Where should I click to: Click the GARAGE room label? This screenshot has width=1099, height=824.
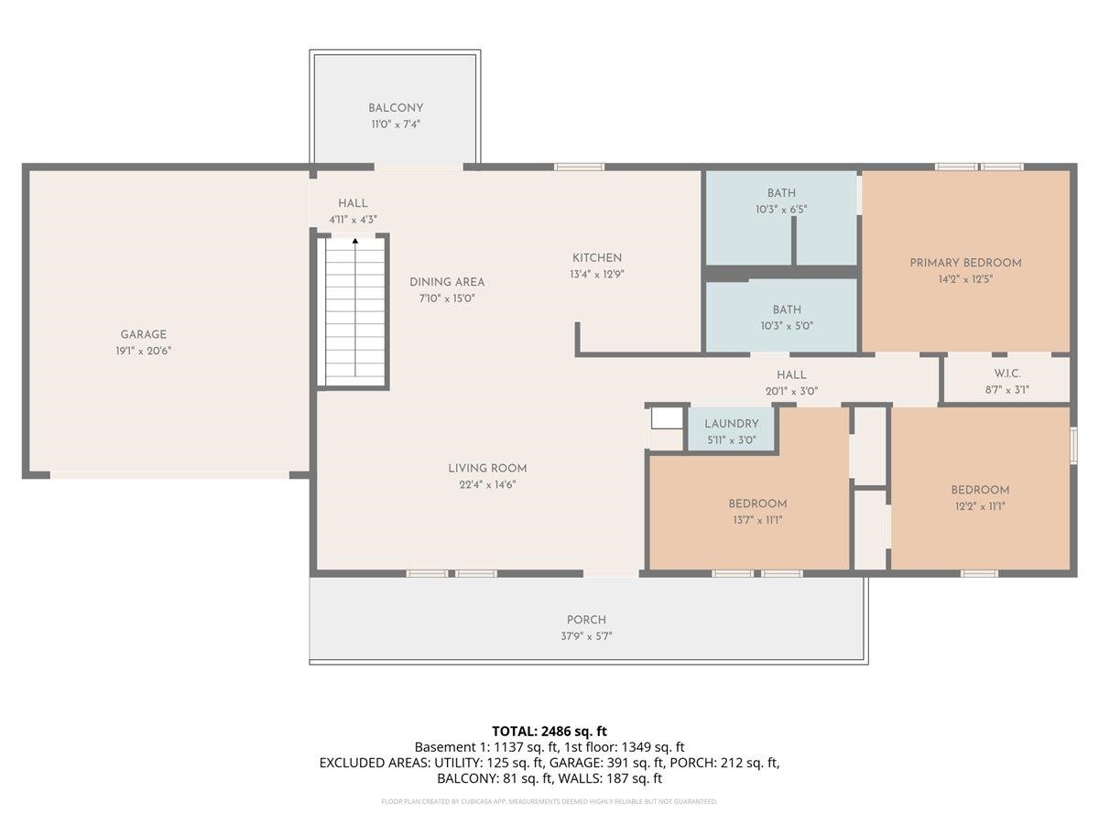[143, 334]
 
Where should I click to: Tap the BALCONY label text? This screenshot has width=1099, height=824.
[396, 107]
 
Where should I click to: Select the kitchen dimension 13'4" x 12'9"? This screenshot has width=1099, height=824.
[597, 274]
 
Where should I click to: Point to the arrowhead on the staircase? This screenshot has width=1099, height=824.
[355, 241]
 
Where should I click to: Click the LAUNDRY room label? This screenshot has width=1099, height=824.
[732, 424]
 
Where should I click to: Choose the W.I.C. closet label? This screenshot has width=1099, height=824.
[1007, 374]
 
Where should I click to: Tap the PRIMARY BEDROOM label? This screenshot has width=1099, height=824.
[965, 263]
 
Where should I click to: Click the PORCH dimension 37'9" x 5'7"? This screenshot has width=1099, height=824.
[586, 636]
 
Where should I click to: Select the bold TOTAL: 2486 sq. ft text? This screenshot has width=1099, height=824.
[549, 731]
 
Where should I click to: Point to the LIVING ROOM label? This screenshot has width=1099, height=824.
[487, 468]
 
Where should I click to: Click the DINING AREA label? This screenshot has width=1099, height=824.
[447, 282]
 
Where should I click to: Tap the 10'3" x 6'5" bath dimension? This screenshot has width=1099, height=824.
[781, 210]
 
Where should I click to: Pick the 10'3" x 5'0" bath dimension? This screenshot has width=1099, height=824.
[787, 326]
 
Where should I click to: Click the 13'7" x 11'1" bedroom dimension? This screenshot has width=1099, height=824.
[757, 520]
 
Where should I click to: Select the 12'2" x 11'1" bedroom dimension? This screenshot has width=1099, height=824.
[980, 506]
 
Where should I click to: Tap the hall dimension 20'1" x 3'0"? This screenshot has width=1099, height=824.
[791, 391]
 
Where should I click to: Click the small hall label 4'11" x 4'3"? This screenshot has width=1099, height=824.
[353, 220]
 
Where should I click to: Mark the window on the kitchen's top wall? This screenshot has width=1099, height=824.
[579, 168]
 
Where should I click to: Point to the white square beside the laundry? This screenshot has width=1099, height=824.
[667, 418]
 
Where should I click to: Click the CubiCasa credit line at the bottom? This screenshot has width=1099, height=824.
[549, 801]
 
